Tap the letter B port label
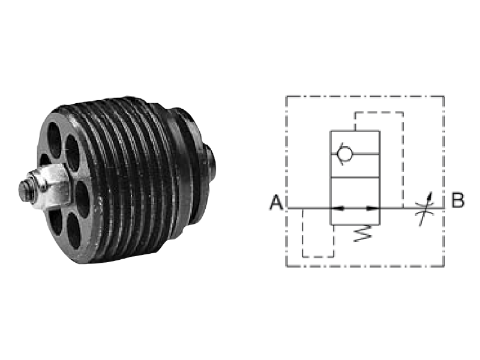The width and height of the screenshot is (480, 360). coord(458,200)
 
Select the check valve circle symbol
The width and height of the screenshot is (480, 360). coord(344,154)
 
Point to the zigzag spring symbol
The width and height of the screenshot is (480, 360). coord(362,233)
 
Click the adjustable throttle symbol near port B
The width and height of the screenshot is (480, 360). coord(425,208)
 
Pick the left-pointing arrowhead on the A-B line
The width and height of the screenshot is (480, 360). coord(338,208)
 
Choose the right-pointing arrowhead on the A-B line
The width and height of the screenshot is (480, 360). coord(373,208)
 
